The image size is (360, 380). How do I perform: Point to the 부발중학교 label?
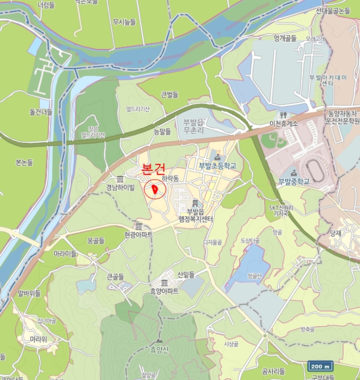coord(294,181)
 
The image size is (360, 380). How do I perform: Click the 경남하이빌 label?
coord(121,188)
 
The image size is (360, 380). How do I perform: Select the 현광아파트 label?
coord(138,235)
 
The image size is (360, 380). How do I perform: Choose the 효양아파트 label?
coord(165,290)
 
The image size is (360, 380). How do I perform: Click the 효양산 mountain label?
coord(160,350)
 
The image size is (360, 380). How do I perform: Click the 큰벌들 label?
coord(170,96)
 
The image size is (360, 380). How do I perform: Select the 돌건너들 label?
coord(41,112)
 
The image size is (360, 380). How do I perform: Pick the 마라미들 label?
coord(65,254)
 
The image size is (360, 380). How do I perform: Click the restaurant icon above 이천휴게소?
coord(283,115)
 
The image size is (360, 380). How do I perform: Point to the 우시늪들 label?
coord(124,22)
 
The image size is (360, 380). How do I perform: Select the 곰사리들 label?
coord(273,371)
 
